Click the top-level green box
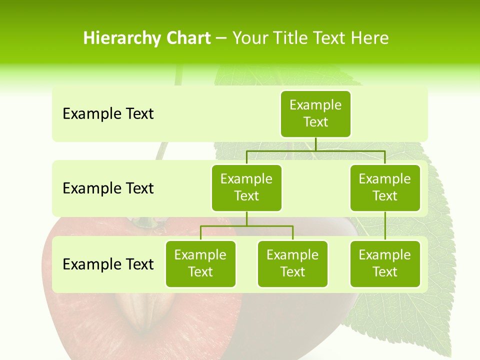315,113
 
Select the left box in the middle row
246,187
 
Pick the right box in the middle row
385,187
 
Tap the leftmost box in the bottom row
200,263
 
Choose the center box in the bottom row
292,263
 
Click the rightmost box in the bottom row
385,263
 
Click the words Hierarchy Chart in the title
147,38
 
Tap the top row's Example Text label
108,114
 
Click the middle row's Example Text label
108,188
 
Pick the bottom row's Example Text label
108,264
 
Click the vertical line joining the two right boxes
385,226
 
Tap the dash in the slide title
221,38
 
